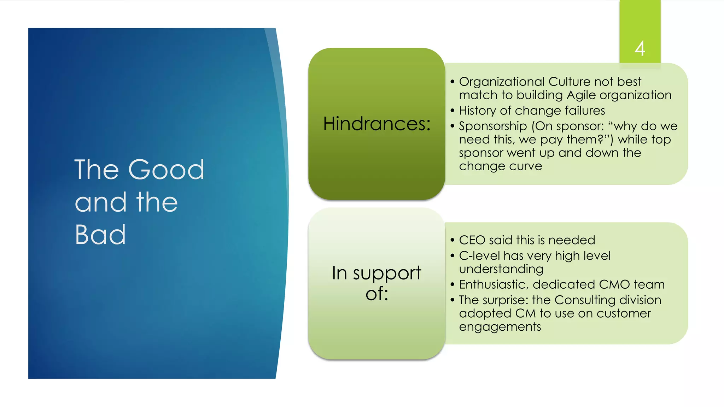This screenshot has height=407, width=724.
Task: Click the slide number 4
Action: (x=640, y=48)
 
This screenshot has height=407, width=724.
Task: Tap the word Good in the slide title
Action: (x=166, y=170)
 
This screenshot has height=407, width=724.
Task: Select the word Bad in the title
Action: (x=100, y=235)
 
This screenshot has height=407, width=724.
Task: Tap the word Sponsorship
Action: (x=493, y=126)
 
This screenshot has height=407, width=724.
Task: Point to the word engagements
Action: (x=500, y=327)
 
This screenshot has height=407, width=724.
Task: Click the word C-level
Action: (x=480, y=256)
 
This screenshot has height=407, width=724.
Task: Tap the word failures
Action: (x=585, y=111)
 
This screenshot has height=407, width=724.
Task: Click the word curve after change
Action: (x=526, y=166)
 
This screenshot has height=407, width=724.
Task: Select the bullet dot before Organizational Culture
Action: (x=452, y=82)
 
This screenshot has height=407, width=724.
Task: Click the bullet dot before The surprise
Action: (x=452, y=300)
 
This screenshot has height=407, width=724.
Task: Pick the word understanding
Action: (x=501, y=270)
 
